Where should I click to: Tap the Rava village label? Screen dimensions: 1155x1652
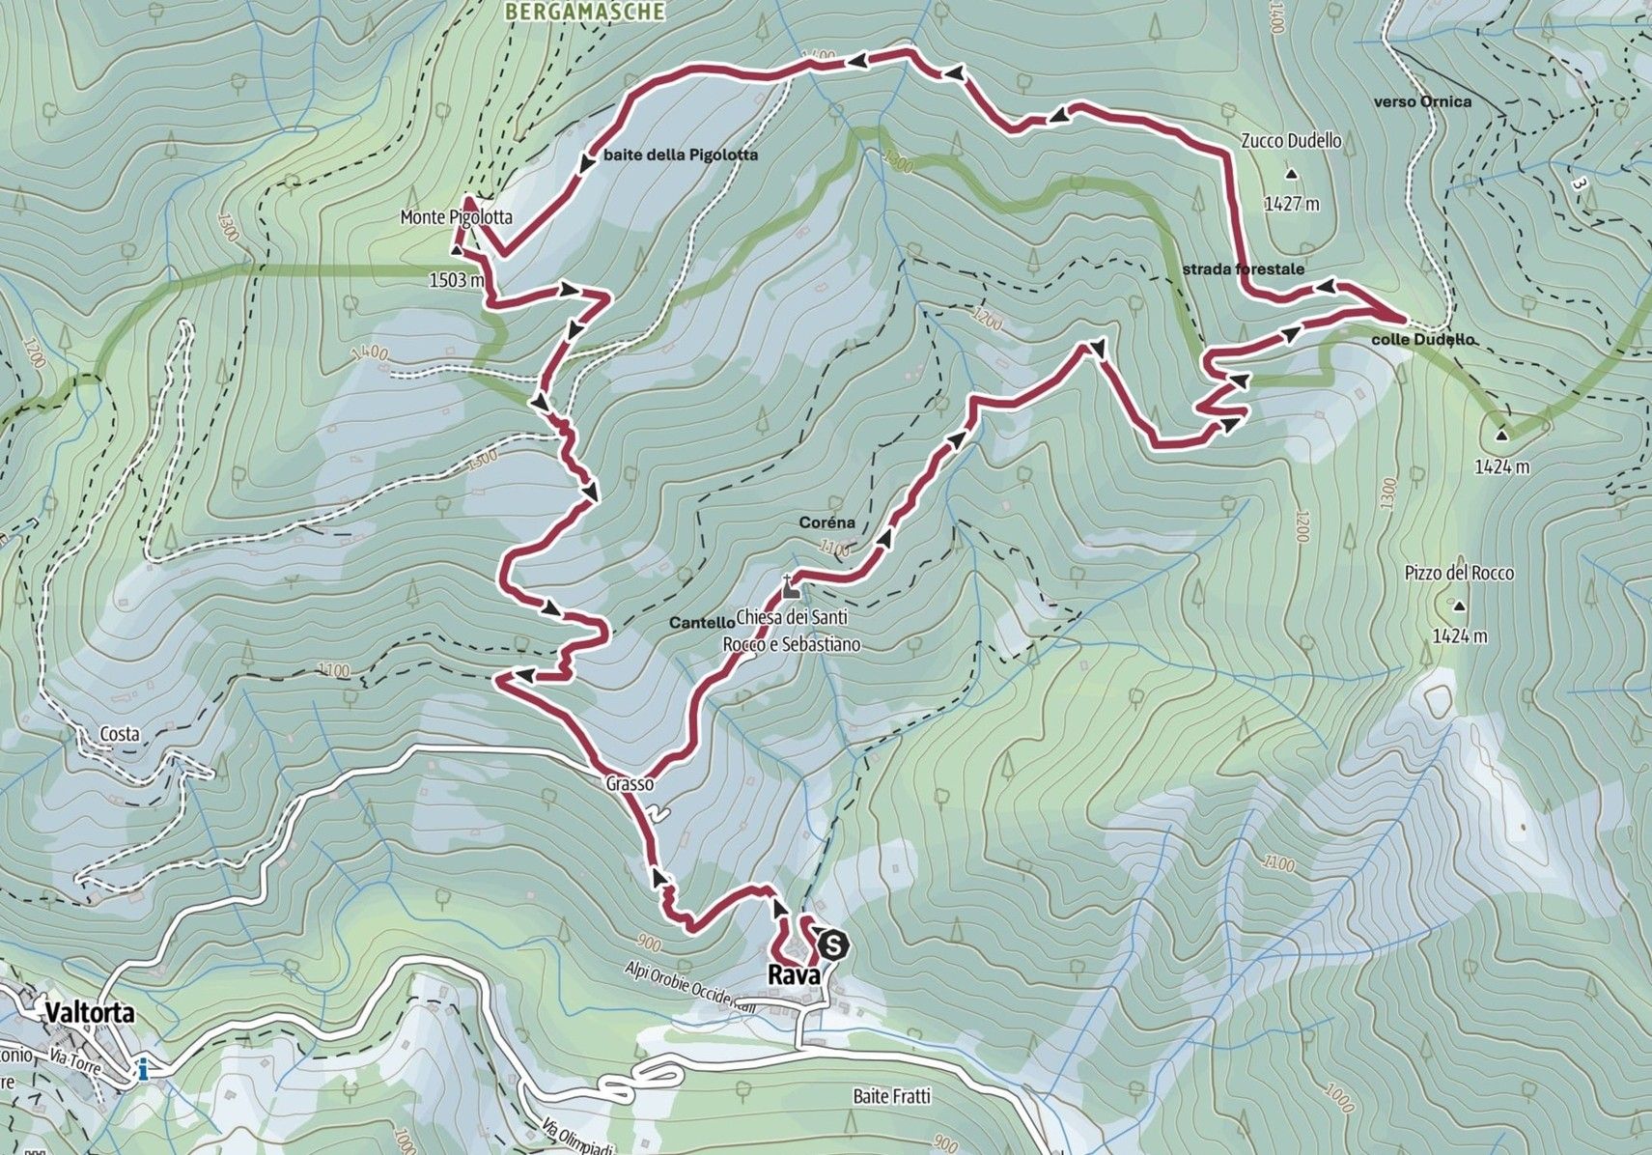pos(794,975)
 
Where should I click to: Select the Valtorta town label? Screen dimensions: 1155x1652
pos(87,1014)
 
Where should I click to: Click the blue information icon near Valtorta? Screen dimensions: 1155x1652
pos(143,1069)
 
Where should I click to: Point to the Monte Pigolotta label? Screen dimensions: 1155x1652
pos(456,218)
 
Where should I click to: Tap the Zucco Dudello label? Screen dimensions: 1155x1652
pos(1291,141)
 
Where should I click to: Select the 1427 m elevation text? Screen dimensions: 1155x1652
pos(1291,204)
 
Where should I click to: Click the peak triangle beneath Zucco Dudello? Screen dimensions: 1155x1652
pos(1291,175)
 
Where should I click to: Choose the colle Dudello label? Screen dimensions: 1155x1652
pos(1422,340)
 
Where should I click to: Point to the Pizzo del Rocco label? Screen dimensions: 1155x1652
pos(1459,574)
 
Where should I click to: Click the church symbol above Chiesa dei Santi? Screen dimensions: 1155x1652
pos(791,590)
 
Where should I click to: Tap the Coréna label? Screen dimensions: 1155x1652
pos(826,522)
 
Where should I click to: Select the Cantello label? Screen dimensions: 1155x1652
pos(700,624)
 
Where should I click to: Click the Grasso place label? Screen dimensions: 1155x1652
pos(630,784)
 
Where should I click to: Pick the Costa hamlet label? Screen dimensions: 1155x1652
pos(120,734)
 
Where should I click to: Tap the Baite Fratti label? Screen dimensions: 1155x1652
pos(891,1096)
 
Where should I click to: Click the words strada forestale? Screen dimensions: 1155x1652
pos(1243,269)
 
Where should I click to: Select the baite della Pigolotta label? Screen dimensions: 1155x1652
pos(680,155)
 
